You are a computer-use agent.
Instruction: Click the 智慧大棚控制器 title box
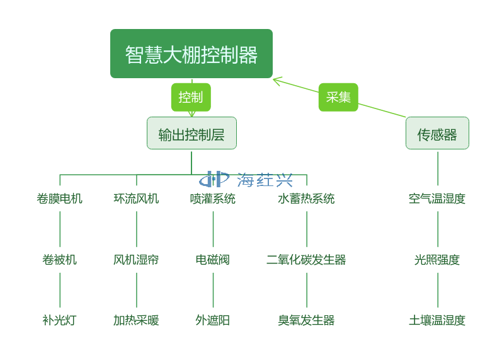click(x=191, y=54)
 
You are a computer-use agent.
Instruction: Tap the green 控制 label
click(x=191, y=97)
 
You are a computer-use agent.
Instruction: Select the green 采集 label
click(x=338, y=97)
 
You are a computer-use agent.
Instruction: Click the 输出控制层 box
click(x=191, y=133)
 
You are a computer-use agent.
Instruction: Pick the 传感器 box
click(x=437, y=133)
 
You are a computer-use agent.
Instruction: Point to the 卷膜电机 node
click(x=60, y=199)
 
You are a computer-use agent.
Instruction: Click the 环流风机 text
click(x=136, y=199)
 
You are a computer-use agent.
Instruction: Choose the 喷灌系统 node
click(x=213, y=199)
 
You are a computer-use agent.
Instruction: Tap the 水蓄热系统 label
click(x=306, y=199)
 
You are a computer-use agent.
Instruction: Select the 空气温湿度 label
click(x=437, y=199)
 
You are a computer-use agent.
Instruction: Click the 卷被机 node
click(x=60, y=259)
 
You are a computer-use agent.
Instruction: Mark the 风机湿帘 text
click(x=136, y=259)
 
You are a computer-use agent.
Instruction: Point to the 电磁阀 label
click(x=213, y=259)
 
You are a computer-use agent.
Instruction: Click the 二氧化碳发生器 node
click(x=306, y=259)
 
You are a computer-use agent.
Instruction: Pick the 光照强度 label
click(x=437, y=259)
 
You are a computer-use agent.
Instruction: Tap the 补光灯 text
click(x=60, y=320)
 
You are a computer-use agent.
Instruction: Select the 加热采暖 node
click(x=136, y=320)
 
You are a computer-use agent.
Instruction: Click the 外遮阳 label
click(x=213, y=320)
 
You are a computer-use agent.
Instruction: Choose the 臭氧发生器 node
click(x=306, y=320)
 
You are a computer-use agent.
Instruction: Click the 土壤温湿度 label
click(x=437, y=320)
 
